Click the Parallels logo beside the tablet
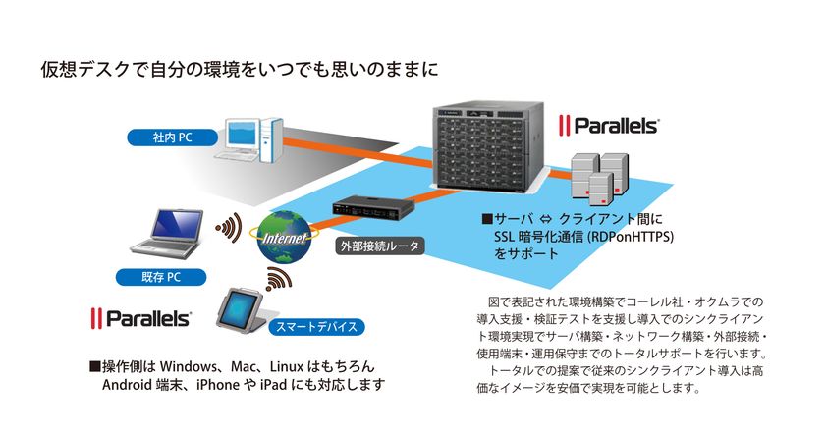tap(140, 318)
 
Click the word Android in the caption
tap(131, 384)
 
